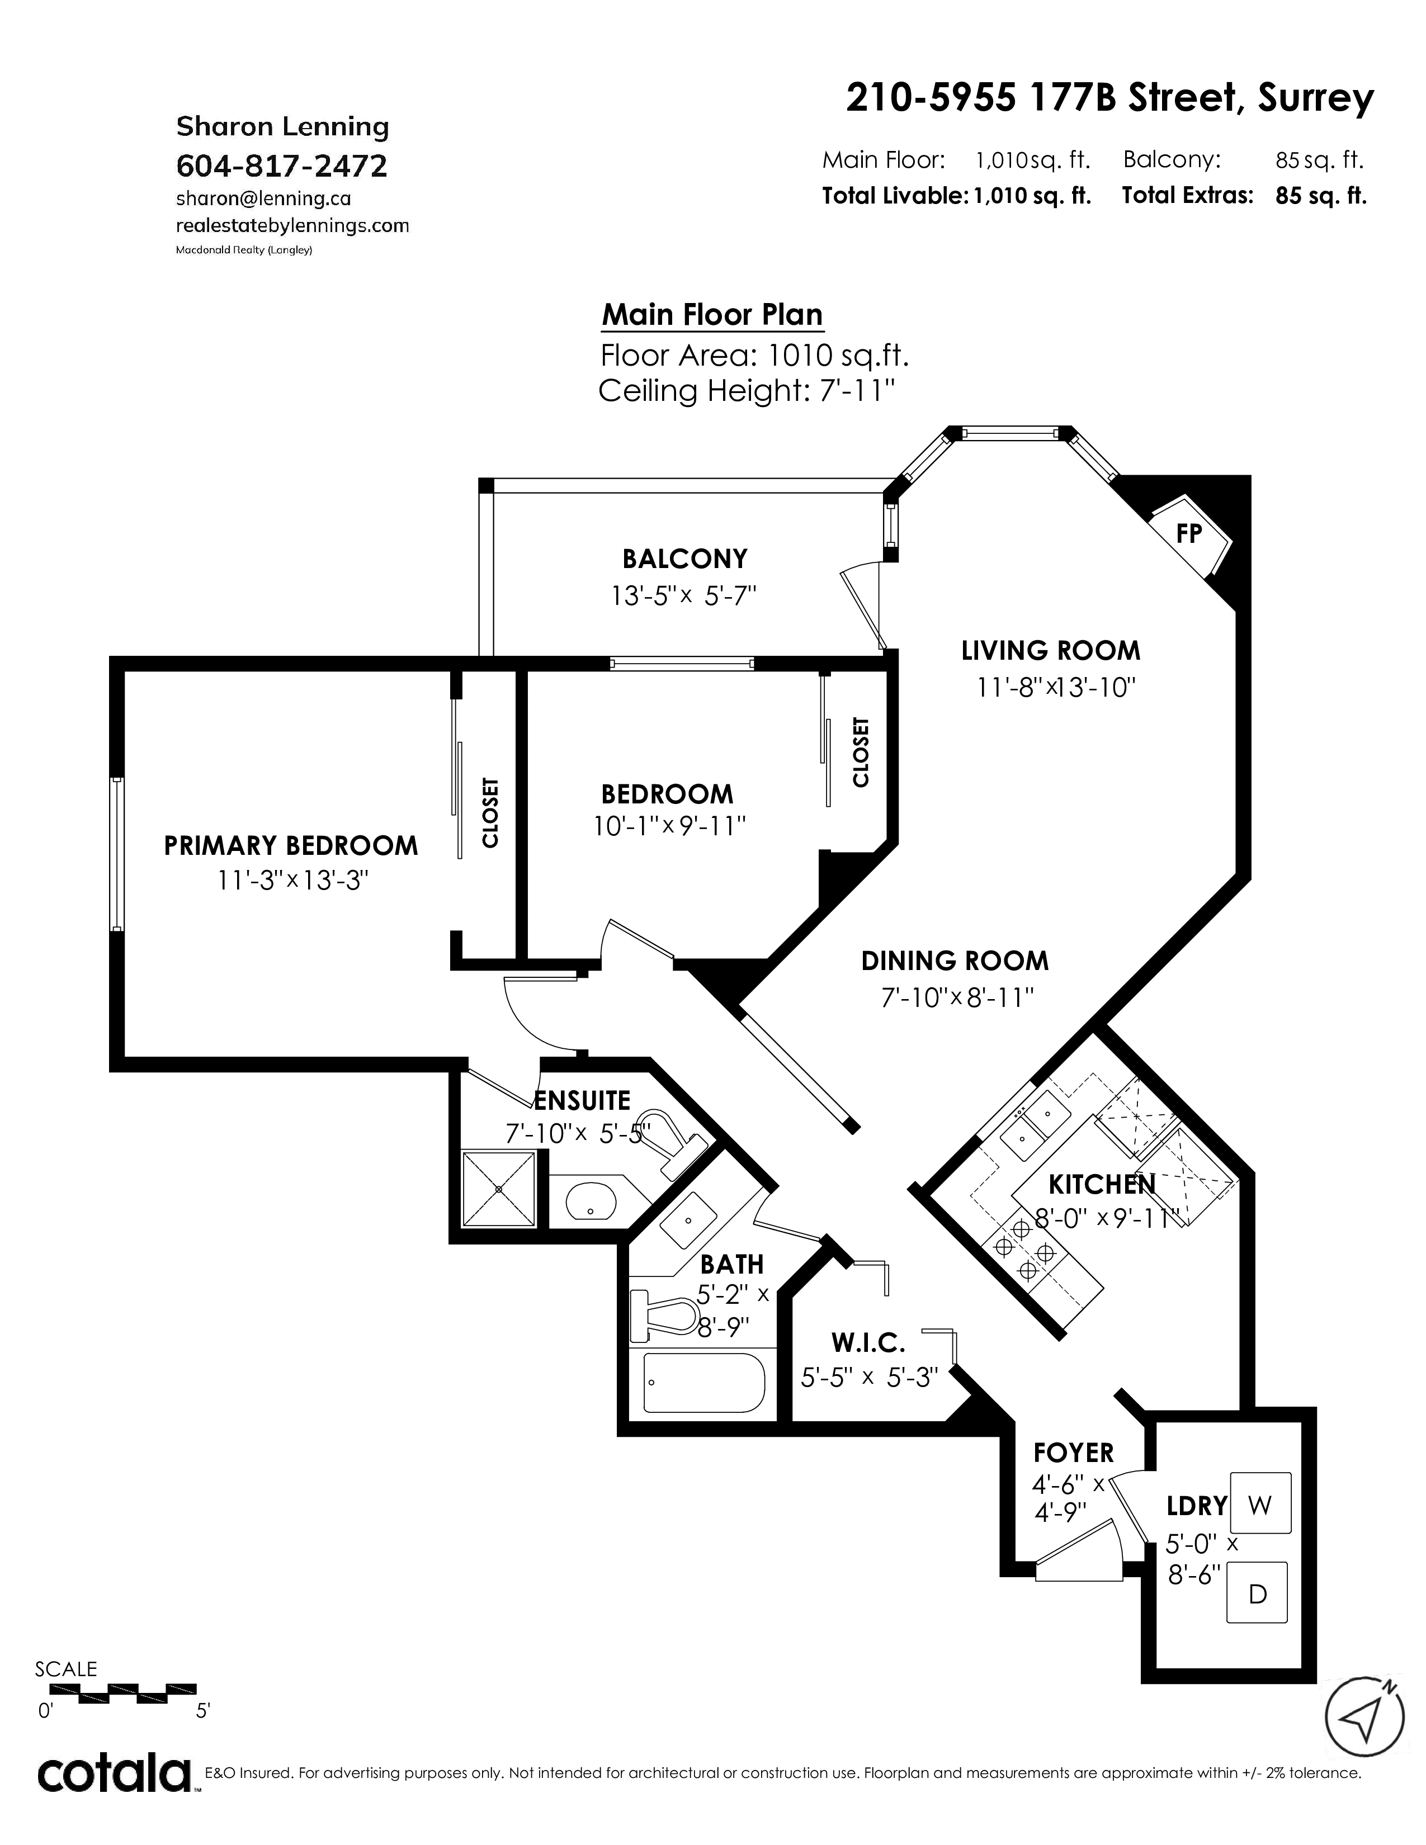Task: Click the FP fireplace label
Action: (x=1189, y=534)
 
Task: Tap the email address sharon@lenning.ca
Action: (x=263, y=198)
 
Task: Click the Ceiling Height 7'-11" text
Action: (x=747, y=391)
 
